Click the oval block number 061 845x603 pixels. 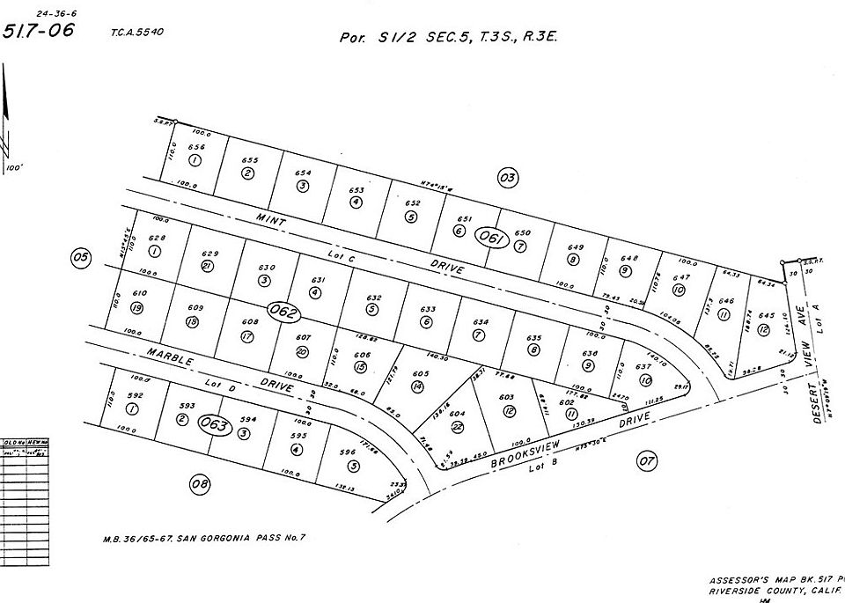click(490, 236)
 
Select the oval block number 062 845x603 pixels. click(285, 313)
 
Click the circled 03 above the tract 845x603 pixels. click(507, 179)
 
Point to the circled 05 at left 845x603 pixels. click(81, 258)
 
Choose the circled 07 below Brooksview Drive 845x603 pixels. click(647, 460)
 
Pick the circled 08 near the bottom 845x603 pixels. click(201, 482)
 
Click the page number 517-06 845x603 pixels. click(39, 32)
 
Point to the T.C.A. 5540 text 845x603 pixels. click(137, 33)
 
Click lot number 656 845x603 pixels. click(197, 148)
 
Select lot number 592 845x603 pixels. click(135, 396)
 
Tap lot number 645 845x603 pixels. click(766, 316)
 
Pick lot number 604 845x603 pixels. click(457, 414)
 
